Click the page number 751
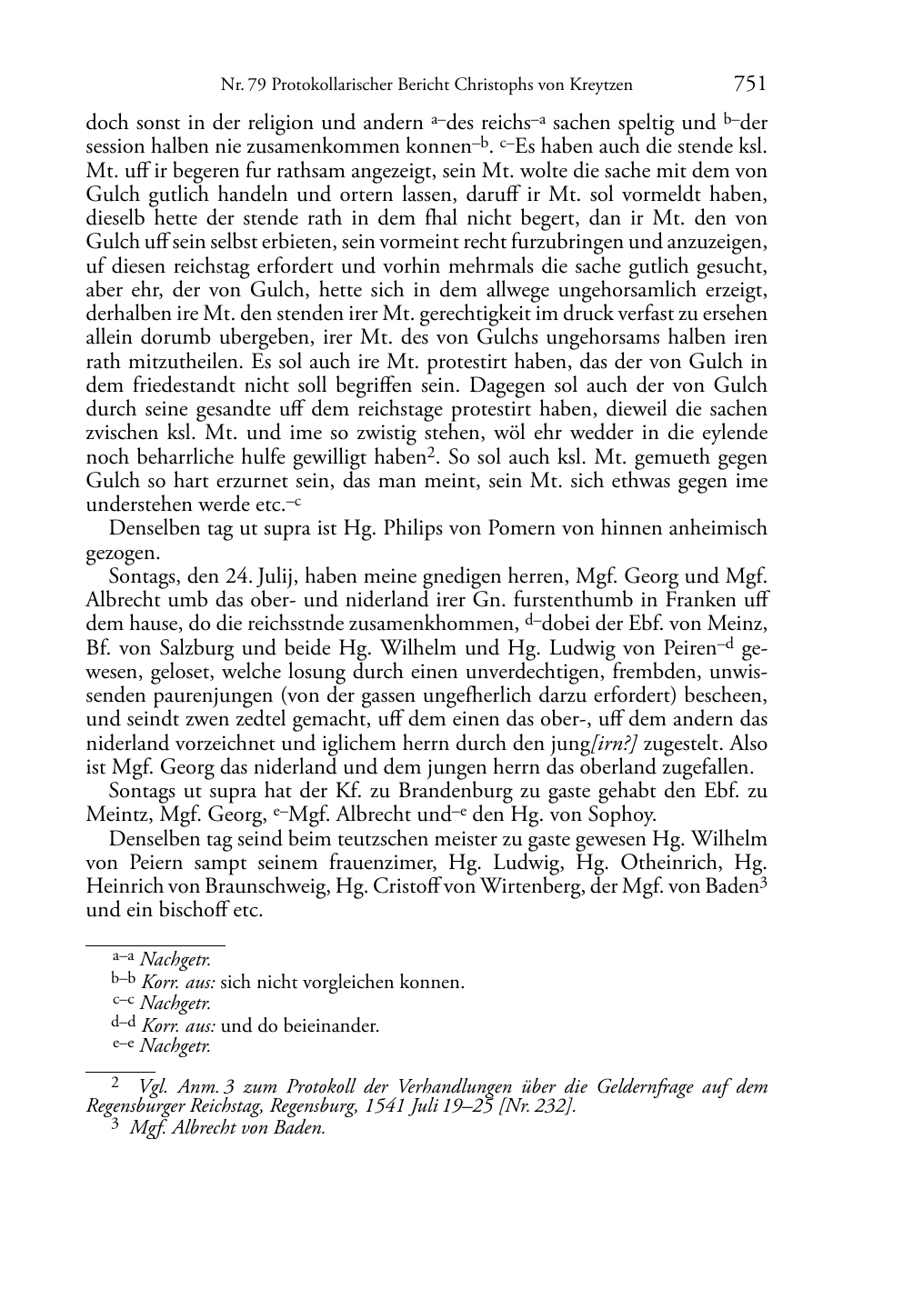[x=749, y=85]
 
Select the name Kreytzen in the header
[x=598, y=85]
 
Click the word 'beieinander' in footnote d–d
[x=332, y=1026]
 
